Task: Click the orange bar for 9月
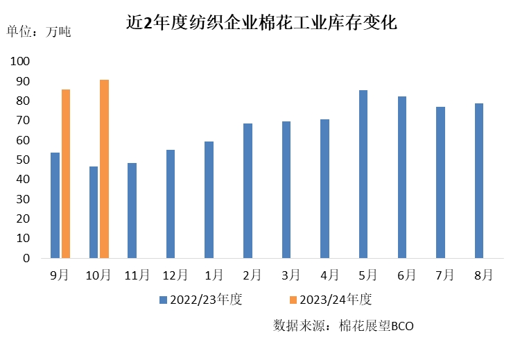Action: [x=66, y=173]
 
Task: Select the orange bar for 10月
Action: [x=104, y=169]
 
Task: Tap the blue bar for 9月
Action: [x=55, y=205]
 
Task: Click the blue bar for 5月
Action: [x=363, y=174]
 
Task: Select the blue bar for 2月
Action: [x=248, y=191]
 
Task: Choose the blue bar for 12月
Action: [x=171, y=204]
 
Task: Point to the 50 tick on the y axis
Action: [x=24, y=160]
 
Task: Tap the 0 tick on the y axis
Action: [x=26, y=258]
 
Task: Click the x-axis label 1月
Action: [x=213, y=275]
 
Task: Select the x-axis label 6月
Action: [x=406, y=275]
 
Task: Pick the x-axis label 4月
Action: [x=329, y=275]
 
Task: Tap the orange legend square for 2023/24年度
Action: [x=293, y=300]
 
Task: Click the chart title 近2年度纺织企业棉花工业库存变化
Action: [x=261, y=23]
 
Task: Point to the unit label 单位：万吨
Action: [x=39, y=31]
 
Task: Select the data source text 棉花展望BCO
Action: [x=376, y=325]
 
